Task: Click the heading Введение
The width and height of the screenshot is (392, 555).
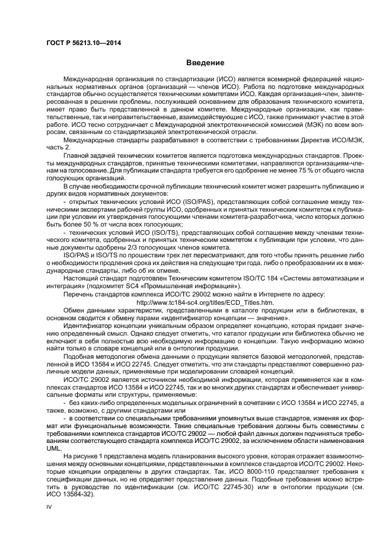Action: [205, 63]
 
